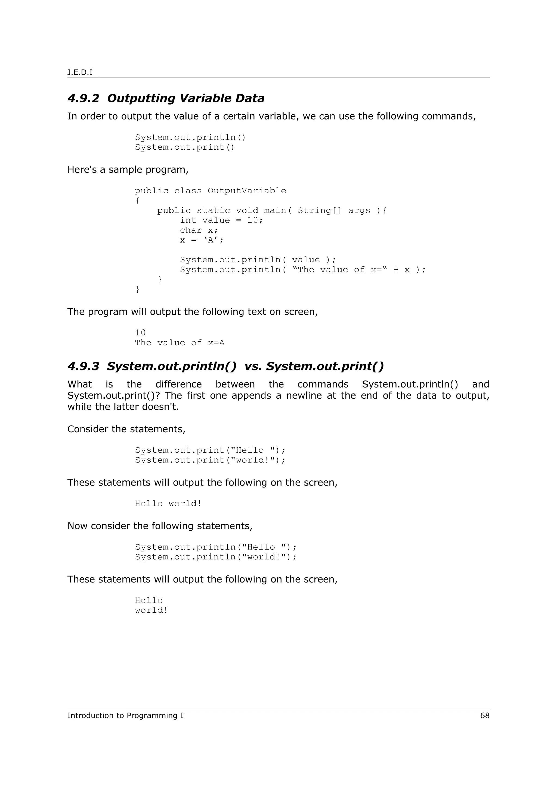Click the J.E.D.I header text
pyautogui.click(x=80, y=72)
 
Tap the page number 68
pyautogui.click(x=485, y=715)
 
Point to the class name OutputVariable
pyautogui.click(x=247, y=191)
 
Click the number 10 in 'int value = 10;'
pyautogui.click(x=253, y=221)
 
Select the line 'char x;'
pyautogui.click(x=199, y=230)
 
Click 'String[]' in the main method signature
pyautogui.click(x=320, y=210)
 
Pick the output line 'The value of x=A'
pyautogui.click(x=180, y=343)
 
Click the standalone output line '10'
pyautogui.click(x=140, y=333)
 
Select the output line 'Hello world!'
pyautogui.click(x=168, y=503)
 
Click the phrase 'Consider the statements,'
pyautogui.click(x=126, y=429)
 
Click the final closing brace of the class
pyautogui.click(x=138, y=289)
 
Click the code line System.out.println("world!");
pyautogui.click(x=215, y=557)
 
